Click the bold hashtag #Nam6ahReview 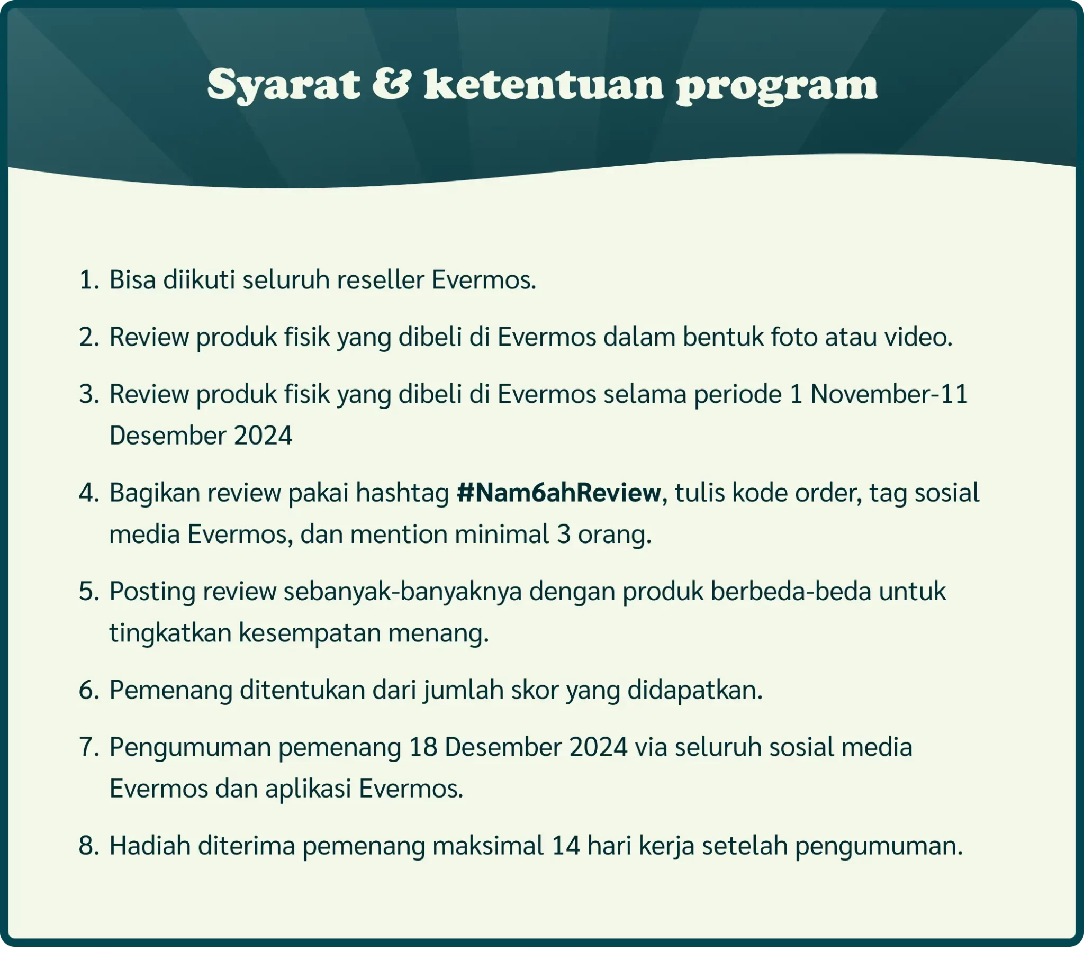[558, 493]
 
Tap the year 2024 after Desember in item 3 [264, 435]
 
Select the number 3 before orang [563, 534]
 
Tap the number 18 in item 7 [422, 747]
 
